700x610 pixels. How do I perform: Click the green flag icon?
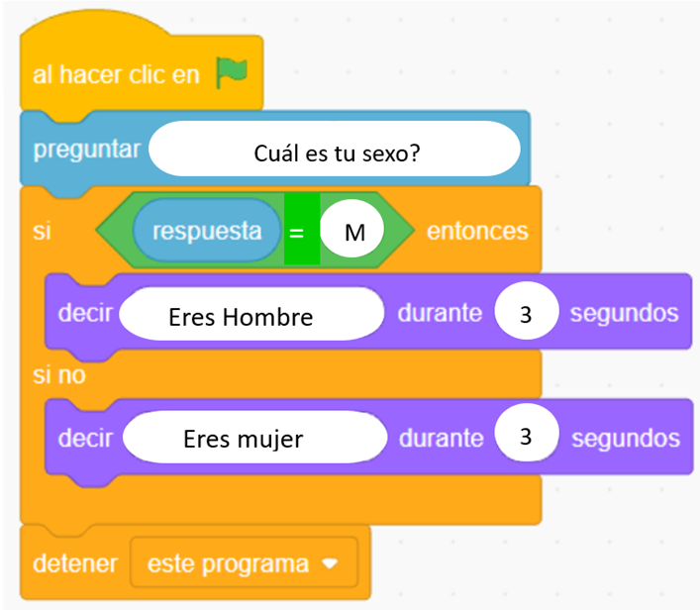pos(232,72)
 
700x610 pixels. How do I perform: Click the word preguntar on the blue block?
pos(87,150)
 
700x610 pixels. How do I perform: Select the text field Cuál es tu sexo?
pos(335,149)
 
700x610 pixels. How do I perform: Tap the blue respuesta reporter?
pos(207,230)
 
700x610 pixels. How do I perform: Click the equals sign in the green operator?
pos(296,233)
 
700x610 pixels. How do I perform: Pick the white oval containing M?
pos(352,228)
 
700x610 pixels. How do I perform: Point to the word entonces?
pos(477,231)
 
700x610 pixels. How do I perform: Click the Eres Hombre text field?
pos(251,314)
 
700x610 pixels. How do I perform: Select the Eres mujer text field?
pos(254,437)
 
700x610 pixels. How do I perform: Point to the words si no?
pos(59,374)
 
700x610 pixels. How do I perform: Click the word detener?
pos(75,563)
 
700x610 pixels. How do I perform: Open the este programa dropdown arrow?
pos(330,564)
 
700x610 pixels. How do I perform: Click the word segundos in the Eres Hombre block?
pos(624,313)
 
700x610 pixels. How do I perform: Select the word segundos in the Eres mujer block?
pos(626,438)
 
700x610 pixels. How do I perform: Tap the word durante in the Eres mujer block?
pos(441,438)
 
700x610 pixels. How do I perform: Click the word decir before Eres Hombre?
pos(85,313)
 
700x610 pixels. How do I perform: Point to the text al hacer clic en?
pos(116,74)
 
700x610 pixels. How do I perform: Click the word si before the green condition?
pos(42,232)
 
